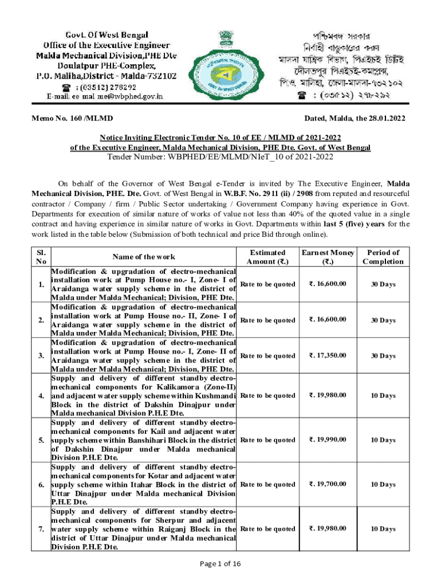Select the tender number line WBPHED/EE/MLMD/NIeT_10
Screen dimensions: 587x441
(x=220, y=156)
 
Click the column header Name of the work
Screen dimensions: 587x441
(x=144, y=257)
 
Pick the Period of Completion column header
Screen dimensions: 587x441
(x=383, y=257)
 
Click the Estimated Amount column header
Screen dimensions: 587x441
(x=267, y=257)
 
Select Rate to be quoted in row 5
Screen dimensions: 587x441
(x=267, y=440)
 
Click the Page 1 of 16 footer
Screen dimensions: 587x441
(x=220, y=564)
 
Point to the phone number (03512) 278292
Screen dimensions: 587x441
(x=106, y=87)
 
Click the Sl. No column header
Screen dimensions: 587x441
(x=41, y=257)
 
